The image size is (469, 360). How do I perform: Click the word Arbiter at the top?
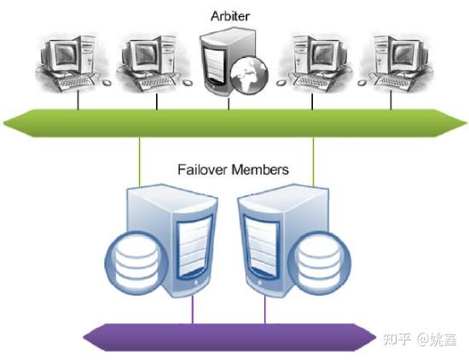(x=229, y=16)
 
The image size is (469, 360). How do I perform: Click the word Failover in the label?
(x=202, y=170)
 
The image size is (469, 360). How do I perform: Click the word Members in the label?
(x=260, y=170)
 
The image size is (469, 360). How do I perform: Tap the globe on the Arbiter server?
(x=250, y=75)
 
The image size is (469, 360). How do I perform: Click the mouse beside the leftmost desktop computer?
(x=107, y=82)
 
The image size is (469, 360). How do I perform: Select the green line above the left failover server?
(x=139, y=162)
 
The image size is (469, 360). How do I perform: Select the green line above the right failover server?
(x=313, y=161)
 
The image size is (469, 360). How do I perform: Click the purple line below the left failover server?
(x=193, y=309)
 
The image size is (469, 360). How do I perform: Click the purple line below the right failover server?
(x=264, y=309)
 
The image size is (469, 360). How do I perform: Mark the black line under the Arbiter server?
(x=229, y=104)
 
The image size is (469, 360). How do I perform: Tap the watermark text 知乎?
(x=397, y=340)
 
